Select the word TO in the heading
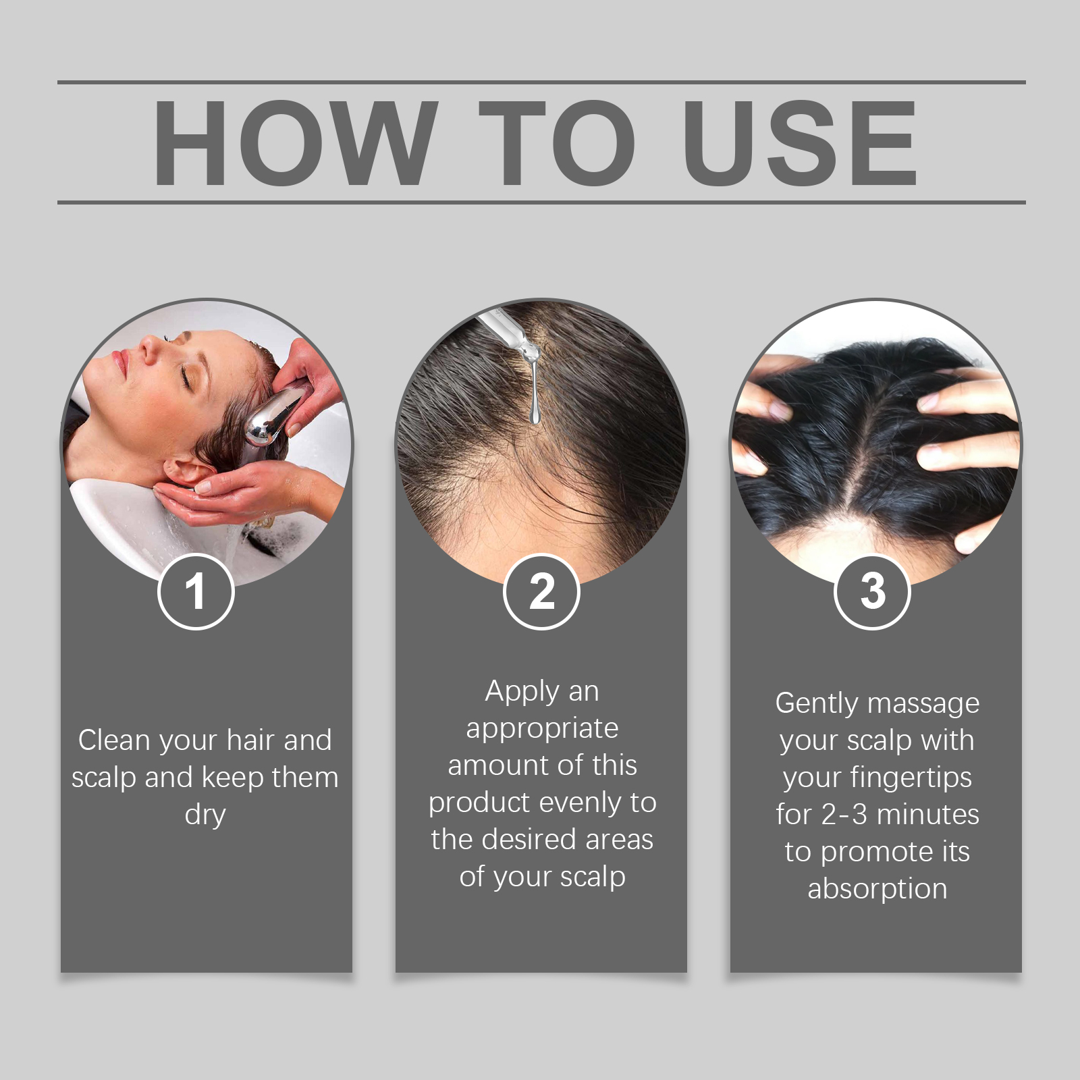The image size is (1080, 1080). coord(556,143)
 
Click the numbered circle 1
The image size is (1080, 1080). coord(196,591)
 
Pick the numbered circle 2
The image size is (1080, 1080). coord(541,591)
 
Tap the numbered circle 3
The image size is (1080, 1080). coord(872,591)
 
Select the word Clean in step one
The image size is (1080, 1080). coord(113,740)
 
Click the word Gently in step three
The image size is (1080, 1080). coord(815,704)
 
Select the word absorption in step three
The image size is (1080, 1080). coord(878,889)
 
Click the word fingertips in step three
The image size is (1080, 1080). coord(911,778)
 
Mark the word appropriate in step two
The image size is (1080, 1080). coord(542,729)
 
